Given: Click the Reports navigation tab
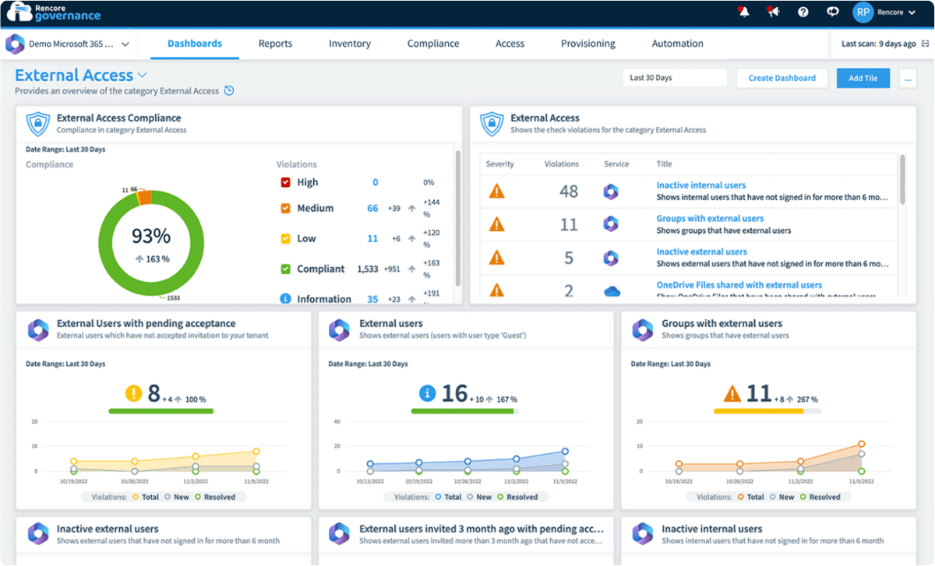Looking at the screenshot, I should pyautogui.click(x=275, y=44).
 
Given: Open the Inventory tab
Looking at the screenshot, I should pyautogui.click(x=350, y=44).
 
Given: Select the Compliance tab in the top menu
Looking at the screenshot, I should pyautogui.click(x=433, y=44).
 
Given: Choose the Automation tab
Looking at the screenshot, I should pyautogui.click(x=677, y=44).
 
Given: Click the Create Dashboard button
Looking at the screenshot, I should pyautogui.click(x=782, y=78).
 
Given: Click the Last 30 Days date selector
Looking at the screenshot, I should pyautogui.click(x=674, y=78).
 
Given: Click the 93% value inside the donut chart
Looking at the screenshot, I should pyautogui.click(x=150, y=236).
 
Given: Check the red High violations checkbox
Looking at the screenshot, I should pyautogui.click(x=285, y=183).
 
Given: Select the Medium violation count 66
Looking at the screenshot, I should pyautogui.click(x=372, y=209).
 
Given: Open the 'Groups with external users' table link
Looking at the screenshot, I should pyautogui.click(x=710, y=219).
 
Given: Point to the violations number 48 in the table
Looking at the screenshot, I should pyautogui.click(x=569, y=192).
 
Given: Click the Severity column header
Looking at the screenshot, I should pyautogui.click(x=499, y=164).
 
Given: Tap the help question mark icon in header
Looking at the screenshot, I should pyautogui.click(x=803, y=12).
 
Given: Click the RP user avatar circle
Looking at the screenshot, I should pyautogui.click(x=863, y=12).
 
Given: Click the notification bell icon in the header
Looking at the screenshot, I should pyautogui.click(x=743, y=12).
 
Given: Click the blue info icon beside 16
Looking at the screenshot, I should pyautogui.click(x=427, y=394).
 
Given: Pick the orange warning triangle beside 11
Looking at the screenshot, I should pyautogui.click(x=732, y=394).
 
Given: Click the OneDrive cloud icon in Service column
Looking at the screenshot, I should pyautogui.click(x=612, y=291).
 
